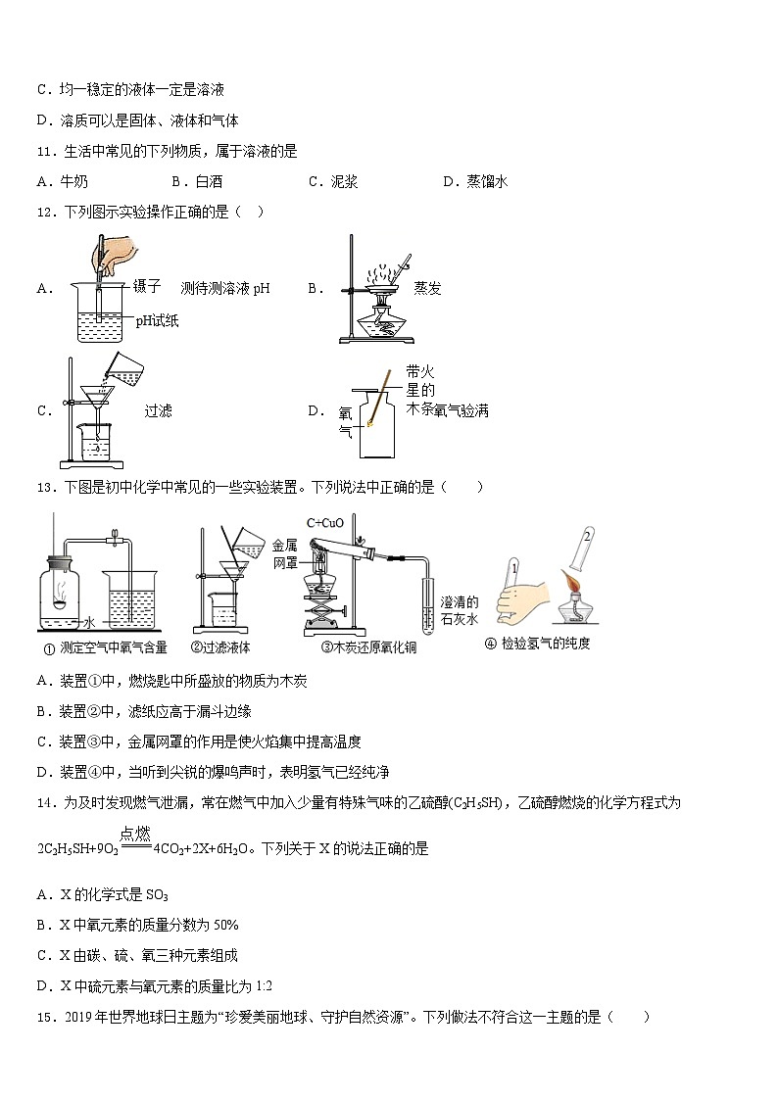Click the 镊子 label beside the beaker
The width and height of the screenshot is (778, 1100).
pyautogui.click(x=147, y=287)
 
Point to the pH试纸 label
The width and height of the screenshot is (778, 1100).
pyautogui.click(x=157, y=319)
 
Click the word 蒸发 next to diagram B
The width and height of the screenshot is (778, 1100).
pyautogui.click(x=427, y=288)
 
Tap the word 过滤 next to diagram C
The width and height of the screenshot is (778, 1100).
pyautogui.click(x=158, y=410)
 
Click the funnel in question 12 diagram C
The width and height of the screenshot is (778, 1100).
pyautogui.click(x=97, y=398)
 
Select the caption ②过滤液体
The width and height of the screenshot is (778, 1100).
pyautogui.click(x=220, y=646)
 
